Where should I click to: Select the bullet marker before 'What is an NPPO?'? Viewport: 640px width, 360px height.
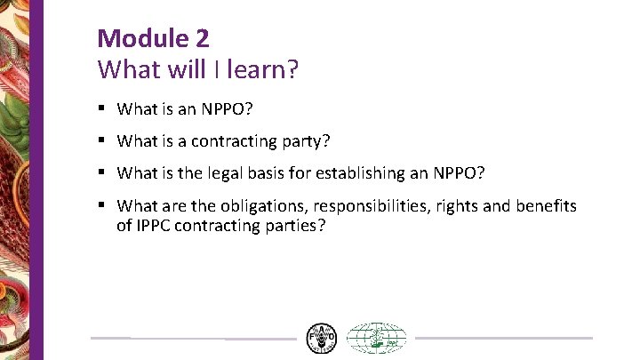click(103, 109)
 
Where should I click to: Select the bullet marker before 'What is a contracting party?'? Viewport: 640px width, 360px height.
click(103, 140)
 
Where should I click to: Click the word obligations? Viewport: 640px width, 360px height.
click(252, 206)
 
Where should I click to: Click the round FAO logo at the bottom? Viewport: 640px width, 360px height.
click(321, 338)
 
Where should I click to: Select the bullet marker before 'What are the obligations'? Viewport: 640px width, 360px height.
click(103, 205)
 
